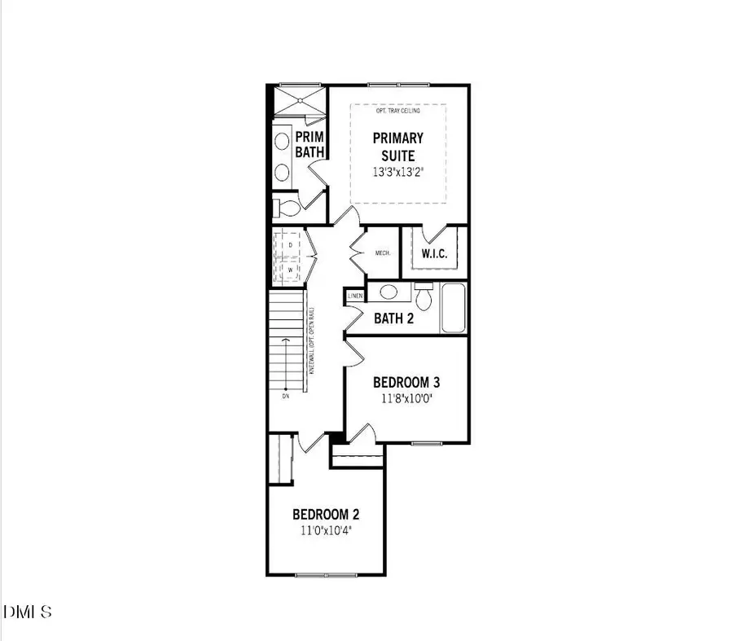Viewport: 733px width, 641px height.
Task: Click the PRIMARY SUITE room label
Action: point(398,147)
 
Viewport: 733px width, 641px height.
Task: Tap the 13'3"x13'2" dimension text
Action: point(398,173)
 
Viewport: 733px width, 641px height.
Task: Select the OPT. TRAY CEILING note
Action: point(398,111)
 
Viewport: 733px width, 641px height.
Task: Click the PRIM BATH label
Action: point(310,144)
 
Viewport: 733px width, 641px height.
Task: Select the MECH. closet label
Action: point(383,253)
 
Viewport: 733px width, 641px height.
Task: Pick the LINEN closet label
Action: point(355,296)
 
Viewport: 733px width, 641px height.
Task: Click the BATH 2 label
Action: point(393,318)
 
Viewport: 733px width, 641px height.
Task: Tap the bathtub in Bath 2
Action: point(454,308)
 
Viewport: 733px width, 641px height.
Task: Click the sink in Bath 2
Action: point(389,292)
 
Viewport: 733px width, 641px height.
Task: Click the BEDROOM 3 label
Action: point(406,382)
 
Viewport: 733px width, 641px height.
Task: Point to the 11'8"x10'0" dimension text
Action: point(406,400)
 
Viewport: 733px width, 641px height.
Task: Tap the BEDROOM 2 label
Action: point(326,515)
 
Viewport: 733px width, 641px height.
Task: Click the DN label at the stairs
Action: point(285,397)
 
